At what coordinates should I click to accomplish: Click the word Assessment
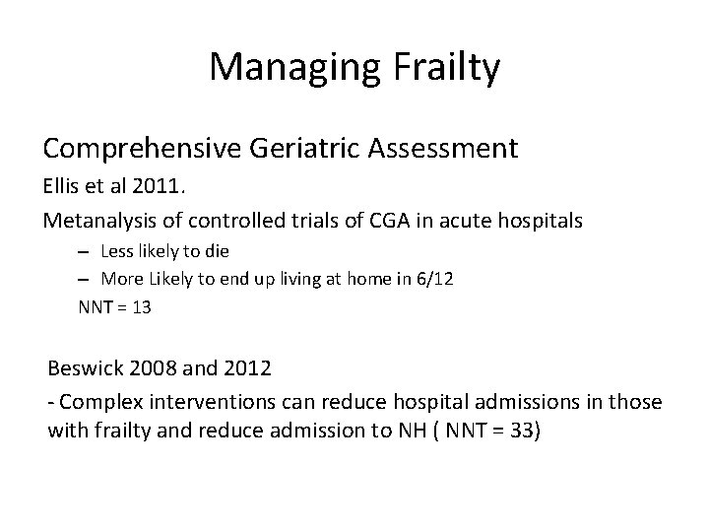[445, 149]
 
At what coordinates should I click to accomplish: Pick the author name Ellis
[61, 187]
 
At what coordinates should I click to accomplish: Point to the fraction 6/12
[435, 279]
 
